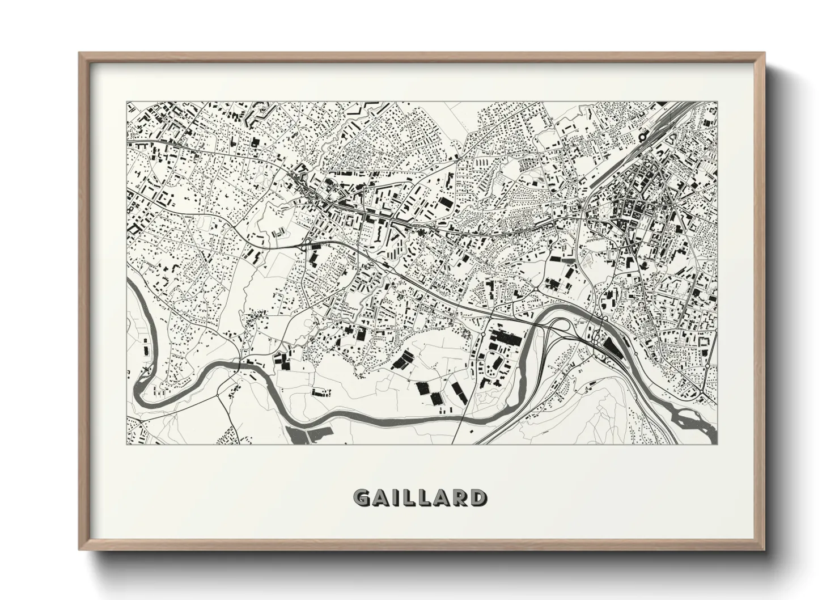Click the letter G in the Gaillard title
(x=363, y=497)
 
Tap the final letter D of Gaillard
(x=477, y=497)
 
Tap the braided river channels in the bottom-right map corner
(x=689, y=418)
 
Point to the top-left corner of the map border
(x=126, y=102)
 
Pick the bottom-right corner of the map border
(x=717, y=445)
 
